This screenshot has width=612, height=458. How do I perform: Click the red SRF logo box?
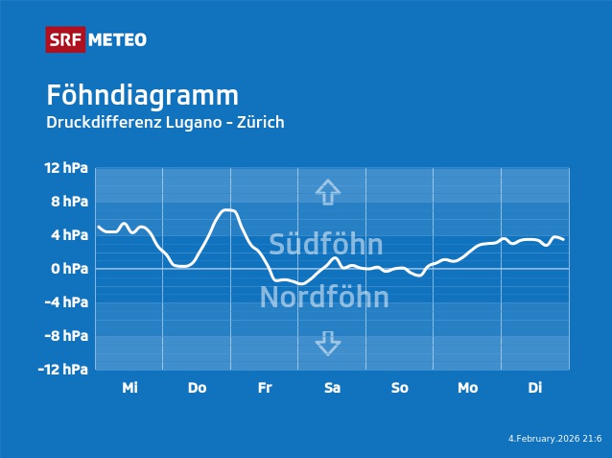pos(65,39)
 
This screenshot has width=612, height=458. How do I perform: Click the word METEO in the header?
pos(118,39)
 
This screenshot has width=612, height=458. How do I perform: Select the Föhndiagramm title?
pos(142,96)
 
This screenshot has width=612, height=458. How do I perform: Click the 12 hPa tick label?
pos(66,168)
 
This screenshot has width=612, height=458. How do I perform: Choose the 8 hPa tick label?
pos(69,202)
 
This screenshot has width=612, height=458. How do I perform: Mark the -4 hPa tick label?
pos(67,302)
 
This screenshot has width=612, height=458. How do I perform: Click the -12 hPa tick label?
pos(64,370)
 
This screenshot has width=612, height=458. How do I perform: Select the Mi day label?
pos(129,388)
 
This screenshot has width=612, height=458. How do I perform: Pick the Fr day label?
pos(265,388)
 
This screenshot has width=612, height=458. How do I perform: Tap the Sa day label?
pos(332,388)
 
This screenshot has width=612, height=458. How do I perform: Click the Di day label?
pos(535,388)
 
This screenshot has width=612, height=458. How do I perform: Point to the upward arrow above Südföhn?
pos(328,191)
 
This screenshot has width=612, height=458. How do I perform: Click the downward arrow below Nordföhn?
pos(328,344)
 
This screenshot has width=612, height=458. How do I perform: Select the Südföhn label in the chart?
pos(325,244)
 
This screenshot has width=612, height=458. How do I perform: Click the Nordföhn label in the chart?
pos(324,298)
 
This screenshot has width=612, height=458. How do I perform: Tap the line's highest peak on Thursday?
pos(227,209)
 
